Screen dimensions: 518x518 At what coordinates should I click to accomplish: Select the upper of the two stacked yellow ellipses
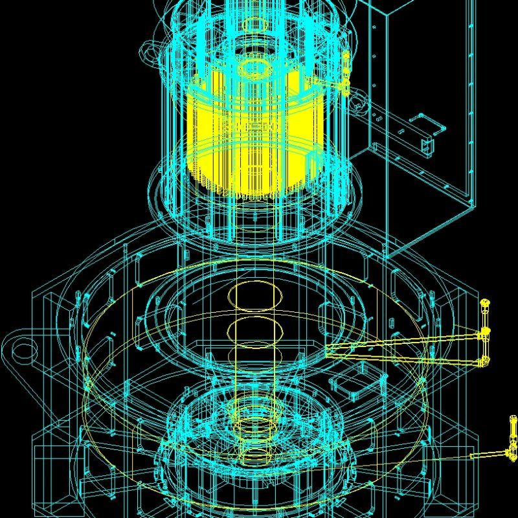(x=256, y=295)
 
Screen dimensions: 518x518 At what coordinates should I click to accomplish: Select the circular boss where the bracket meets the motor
(x=376, y=117)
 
